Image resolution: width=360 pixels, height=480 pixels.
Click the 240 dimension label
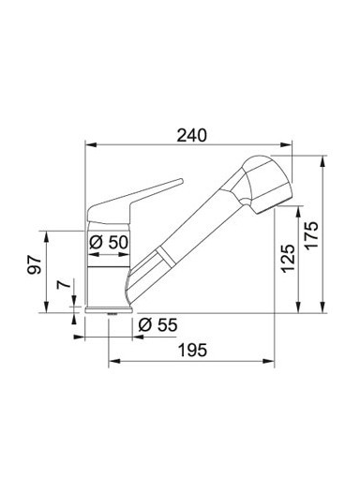pyautogui.click(x=192, y=135)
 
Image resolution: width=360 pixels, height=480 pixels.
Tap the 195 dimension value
pyautogui.click(x=192, y=350)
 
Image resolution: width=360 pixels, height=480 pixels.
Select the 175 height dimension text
pyautogui.click(x=311, y=235)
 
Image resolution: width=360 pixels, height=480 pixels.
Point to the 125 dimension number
pyautogui.click(x=288, y=259)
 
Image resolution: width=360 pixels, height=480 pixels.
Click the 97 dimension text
pyautogui.click(x=34, y=265)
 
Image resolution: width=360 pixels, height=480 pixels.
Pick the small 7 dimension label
pyautogui.click(x=63, y=285)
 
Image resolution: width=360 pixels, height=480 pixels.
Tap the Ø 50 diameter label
pyautogui.click(x=109, y=242)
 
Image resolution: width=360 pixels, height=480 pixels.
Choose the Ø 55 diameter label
pyautogui.click(x=157, y=325)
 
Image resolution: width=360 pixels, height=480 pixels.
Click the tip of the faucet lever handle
pyautogui.click(x=180, y=181)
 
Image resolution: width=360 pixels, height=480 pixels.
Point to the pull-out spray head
pyautogui.click(x=265, y=185)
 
